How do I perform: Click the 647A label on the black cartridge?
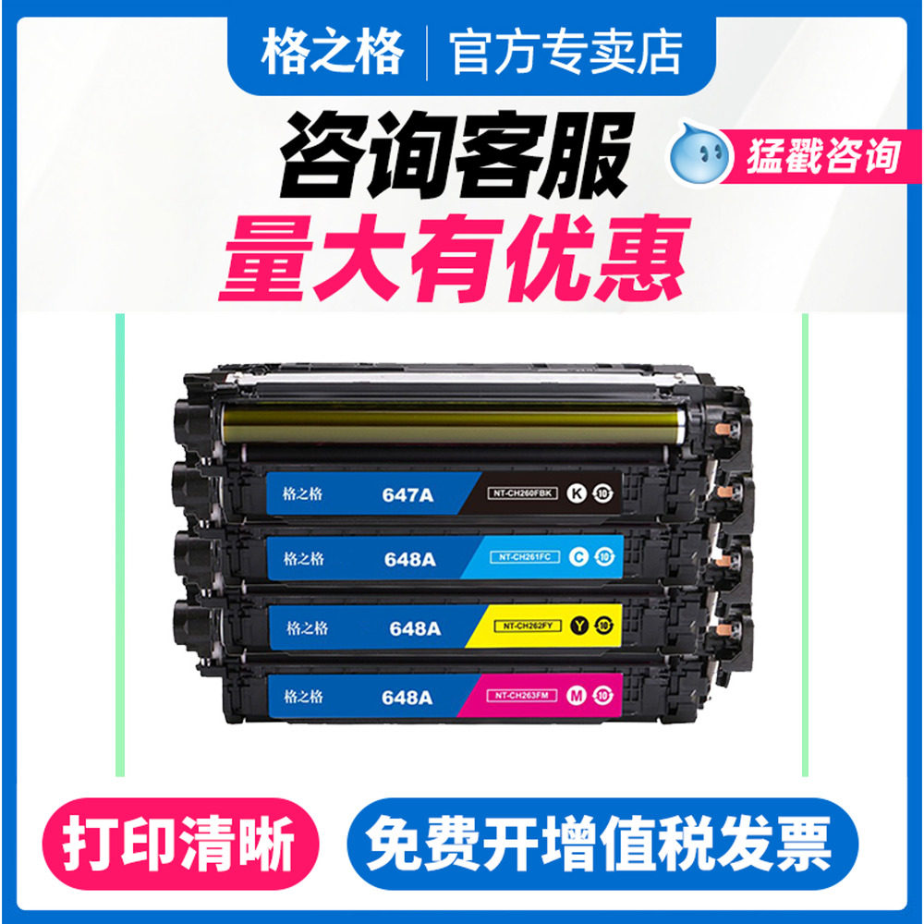pos(407,494)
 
